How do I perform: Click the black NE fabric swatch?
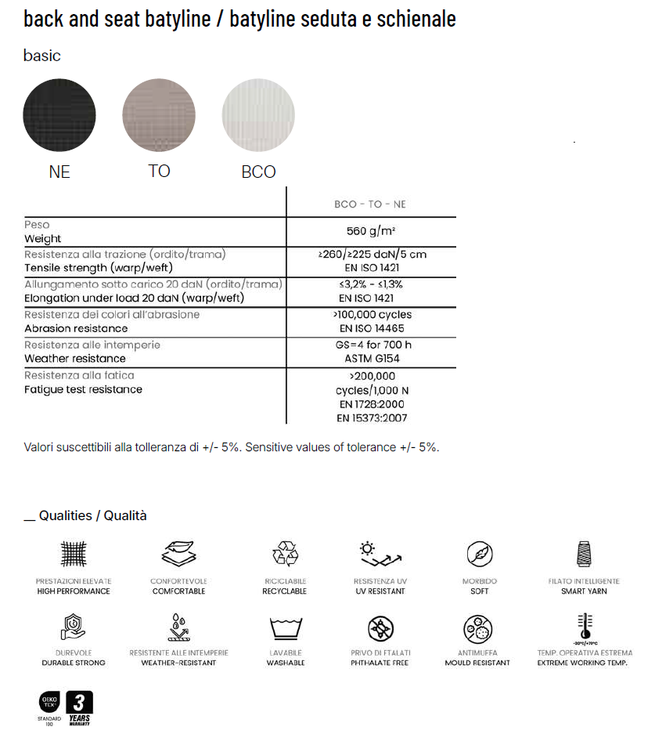pos(59,115)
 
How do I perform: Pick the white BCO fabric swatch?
pos(258,115)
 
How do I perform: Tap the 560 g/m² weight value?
pos(370,231)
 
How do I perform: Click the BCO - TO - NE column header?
pos(370,204)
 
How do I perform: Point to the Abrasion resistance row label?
pos(76,329)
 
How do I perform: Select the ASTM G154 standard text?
pos(370,359)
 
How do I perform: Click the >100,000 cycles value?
pos(372,315)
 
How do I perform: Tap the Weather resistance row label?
pos(75,359)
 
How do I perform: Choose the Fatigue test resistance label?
pos(83,389)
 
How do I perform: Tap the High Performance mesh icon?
pos(74,555)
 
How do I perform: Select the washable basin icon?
pos(284,628)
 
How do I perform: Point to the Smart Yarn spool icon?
pos(584,555)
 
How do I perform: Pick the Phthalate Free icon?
pos(381,628)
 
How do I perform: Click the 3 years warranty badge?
pos(79,707)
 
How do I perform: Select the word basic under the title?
pos(41,56)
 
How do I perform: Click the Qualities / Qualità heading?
pos(92,515)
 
